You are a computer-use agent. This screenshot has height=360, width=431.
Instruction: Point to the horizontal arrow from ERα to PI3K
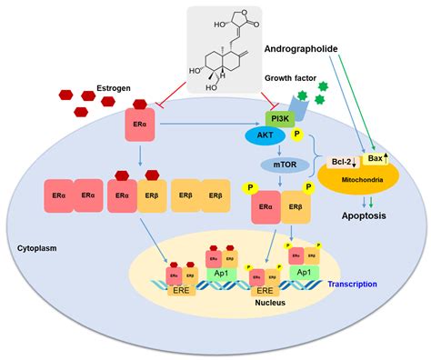pos(209,118)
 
